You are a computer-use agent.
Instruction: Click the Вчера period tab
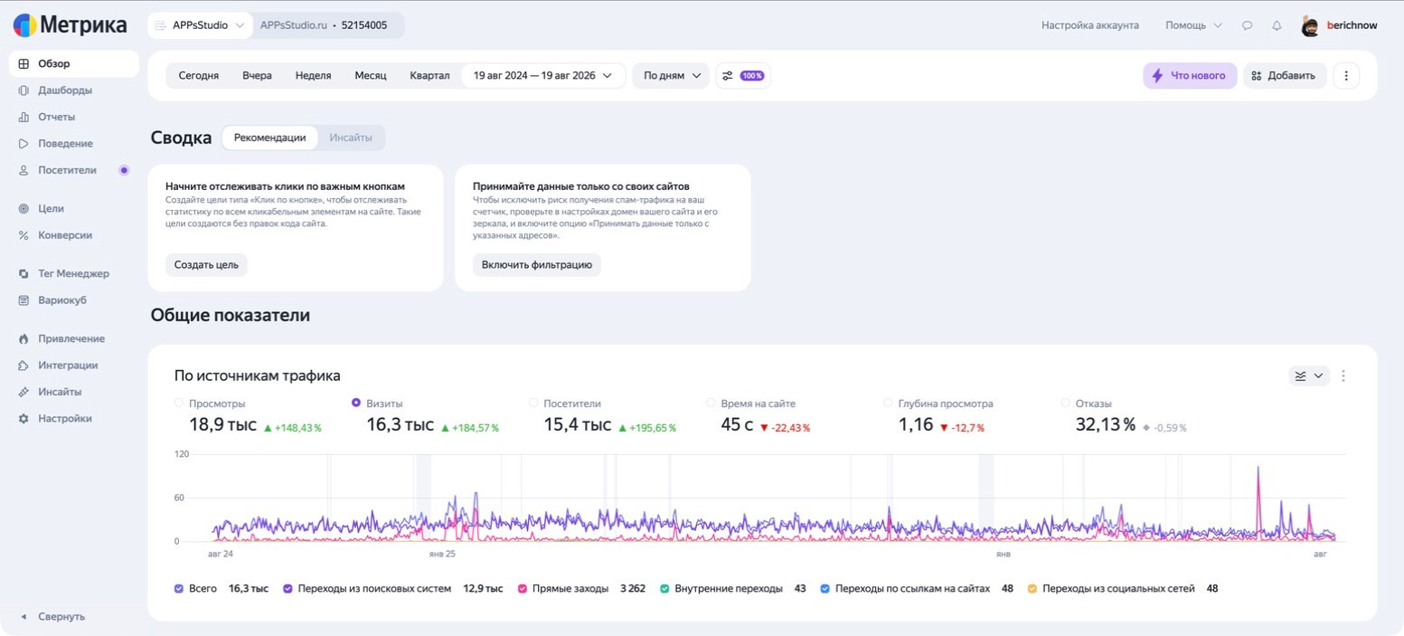tap(257, 75)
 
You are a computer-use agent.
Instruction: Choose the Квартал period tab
tap(429, 75)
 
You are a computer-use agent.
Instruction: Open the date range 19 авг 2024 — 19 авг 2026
tap(542, 75)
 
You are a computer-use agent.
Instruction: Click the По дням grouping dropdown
tap(671, 75)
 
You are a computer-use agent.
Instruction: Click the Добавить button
tap(1285, 75)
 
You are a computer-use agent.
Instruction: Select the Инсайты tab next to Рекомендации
tap(351, 138)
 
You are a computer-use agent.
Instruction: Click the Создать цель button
tap(206, 265)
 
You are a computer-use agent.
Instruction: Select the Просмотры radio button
tap(179, 403)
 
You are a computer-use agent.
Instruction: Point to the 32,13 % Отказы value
tap(1105, 424)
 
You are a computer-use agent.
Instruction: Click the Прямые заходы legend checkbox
tap(523, 588)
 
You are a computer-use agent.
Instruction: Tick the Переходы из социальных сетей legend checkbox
tap(1032, 588)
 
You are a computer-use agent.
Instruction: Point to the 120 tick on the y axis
tap(181, 454)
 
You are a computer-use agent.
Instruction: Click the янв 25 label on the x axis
tap(442, 554)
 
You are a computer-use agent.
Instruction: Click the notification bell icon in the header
tap(1277, 25)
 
